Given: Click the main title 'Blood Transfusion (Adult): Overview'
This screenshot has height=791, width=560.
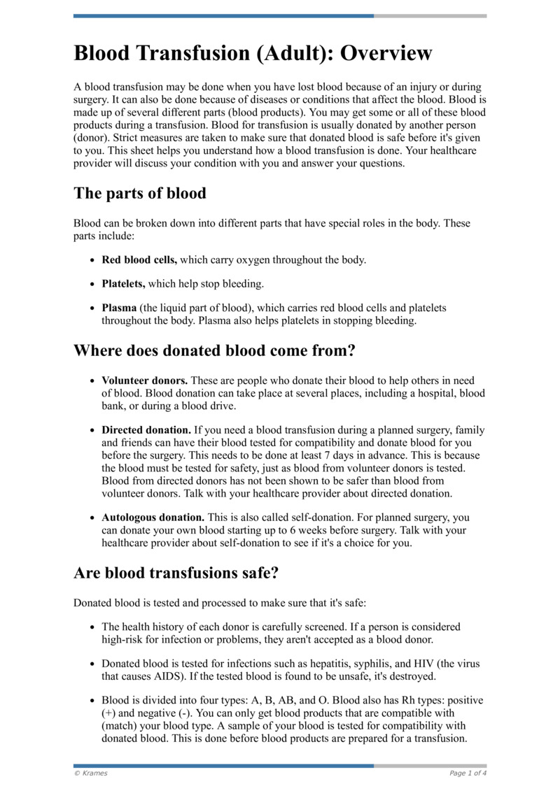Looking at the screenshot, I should click(253, 53).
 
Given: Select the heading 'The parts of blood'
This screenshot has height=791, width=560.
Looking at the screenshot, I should click(140, 193).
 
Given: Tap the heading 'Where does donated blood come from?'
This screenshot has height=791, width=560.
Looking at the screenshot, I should click(214, 350).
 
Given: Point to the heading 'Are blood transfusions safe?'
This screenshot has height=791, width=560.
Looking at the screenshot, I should click(176, 573).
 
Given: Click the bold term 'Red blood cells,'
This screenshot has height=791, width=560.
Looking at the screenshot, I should click(139, 260).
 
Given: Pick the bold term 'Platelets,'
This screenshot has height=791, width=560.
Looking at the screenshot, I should click(123, 284).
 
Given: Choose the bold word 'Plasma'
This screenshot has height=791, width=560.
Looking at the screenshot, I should click(119, 308).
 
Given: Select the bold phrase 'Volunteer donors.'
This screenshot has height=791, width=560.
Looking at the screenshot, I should click(144, 381).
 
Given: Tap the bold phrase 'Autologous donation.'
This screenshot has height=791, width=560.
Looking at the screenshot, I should click(153, 518).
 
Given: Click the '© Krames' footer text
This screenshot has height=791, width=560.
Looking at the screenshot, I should click(91, 773).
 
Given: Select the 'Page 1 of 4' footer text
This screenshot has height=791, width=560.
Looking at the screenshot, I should click(468, 773).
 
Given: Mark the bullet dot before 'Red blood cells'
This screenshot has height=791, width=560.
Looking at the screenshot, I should click(93, 261).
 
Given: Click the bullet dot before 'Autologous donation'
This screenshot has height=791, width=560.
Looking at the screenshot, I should click(93, 518).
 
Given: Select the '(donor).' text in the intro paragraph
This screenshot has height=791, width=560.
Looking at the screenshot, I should click(93, 138).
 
